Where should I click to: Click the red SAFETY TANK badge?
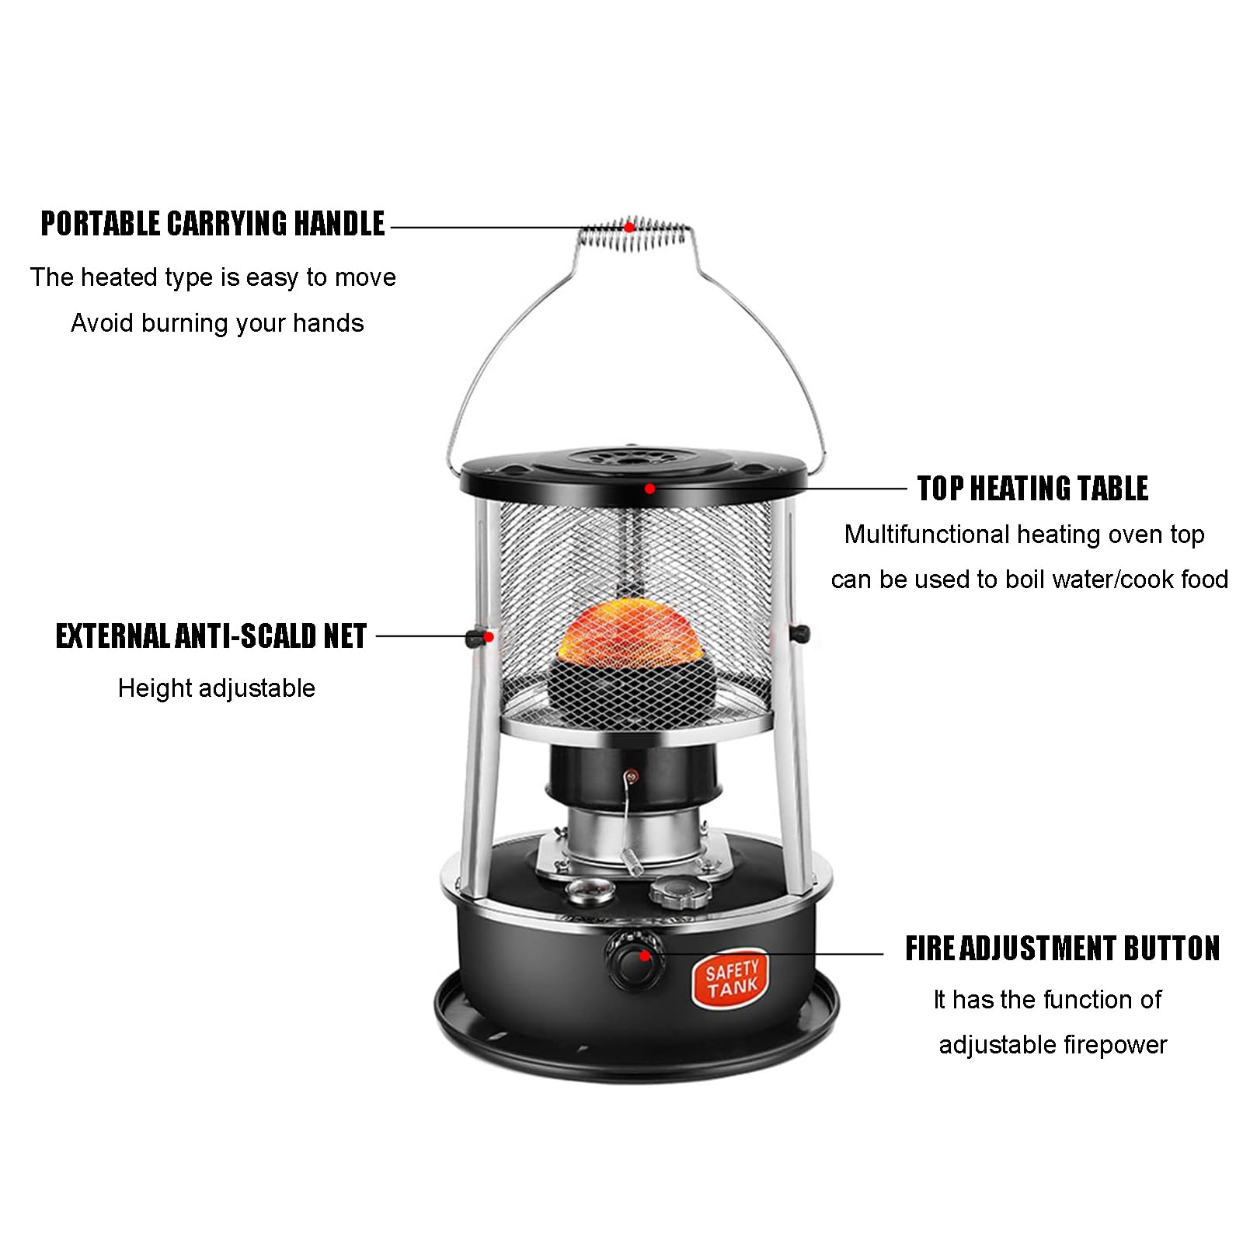coord(731,979)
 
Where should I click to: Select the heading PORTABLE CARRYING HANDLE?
coord(212,224)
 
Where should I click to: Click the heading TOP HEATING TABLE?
coord(1032,489)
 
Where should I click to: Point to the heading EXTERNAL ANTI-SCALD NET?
coord(211,636)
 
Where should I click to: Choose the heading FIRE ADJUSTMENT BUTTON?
coord(1062,949)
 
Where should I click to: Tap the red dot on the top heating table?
coord(649,489)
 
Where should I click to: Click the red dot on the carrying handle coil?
coord(629,228)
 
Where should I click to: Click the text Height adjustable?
coord(217,688)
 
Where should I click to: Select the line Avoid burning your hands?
coord(218,323)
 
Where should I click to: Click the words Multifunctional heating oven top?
coord(1025,534)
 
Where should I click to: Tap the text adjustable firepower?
coord(1053,1045)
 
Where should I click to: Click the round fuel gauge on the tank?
coord(590,892)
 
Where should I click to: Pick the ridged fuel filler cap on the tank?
coord(681,891)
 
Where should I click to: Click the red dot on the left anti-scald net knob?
coord(489,637)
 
